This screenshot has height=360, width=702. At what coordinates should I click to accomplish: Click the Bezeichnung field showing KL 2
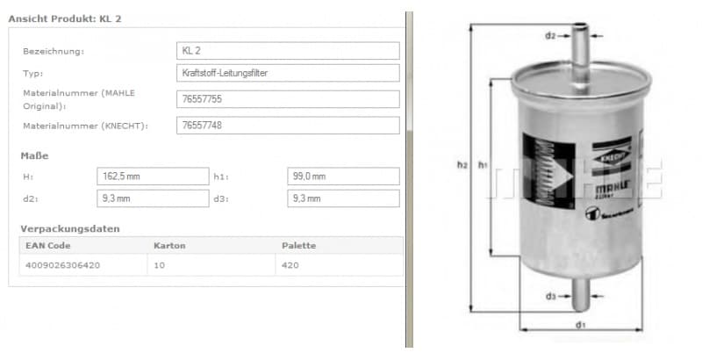click(x=288, y=51)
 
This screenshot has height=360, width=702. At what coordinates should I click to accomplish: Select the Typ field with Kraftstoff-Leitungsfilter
click(x=288, y=73)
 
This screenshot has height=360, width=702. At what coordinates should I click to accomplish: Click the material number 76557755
click(x=288, y=100)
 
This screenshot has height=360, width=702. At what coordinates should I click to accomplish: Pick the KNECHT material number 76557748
click(x=288, y=126)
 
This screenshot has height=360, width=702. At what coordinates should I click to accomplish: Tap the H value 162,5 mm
click(x=152, y=176)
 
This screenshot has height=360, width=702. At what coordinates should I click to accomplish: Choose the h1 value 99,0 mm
click(x=343, y=176)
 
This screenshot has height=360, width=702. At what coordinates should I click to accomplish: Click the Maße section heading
click(x=34, y=155)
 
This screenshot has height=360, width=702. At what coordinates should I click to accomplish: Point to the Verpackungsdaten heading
click(x=69, y=228)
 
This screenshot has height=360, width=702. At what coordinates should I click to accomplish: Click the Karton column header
click(x=169, y=245)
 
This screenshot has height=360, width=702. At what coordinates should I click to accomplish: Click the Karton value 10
click(x=159, y=263)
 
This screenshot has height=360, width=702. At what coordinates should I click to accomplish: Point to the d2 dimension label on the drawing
click(x=550, y=36)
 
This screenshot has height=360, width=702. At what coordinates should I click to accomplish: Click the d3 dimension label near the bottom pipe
click(x=550, y=296)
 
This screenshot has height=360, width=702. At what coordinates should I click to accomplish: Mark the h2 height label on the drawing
click(x=462, y=164)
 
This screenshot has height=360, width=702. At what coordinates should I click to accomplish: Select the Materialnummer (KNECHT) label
click(x=85, y=126)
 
